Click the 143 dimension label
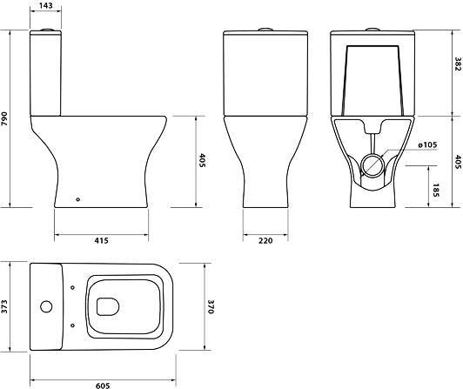pyautogui.click(x=46, y=5)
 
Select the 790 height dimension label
pyautogui.click(x=4, y=118)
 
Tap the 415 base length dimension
pyautogui.click(x=101, y=241)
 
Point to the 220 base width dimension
pyautogui.click(x=265, y=241)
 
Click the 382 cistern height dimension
pyautogui.click(x=458, y=64)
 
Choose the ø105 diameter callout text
pyautogui.click(x=427, y=145)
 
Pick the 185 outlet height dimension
pyautogui.click(x=436, y=190)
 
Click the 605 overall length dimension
pyautogui.click(x=103, y=386)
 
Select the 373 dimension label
pyautogui.click(x=4, y=306)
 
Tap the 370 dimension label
pyautogui.click(x=211, y=307)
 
